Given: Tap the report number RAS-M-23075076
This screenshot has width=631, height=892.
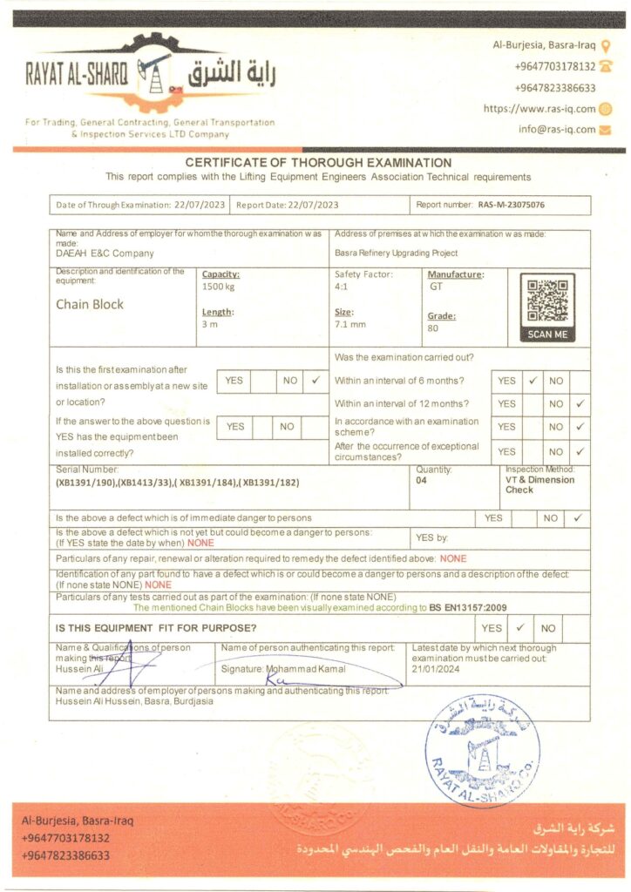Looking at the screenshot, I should point(512,206).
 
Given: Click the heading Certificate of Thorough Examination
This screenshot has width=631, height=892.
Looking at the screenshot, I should point(317,163).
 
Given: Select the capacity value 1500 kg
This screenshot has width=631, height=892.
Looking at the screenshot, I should point(218,287).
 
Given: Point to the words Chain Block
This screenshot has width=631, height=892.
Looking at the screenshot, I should point(90,304).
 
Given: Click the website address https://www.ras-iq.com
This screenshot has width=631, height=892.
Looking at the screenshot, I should point(539,109).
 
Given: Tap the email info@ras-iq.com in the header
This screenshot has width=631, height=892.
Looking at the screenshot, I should point(557,130).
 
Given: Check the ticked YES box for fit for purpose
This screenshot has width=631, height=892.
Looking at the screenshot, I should point(519,628).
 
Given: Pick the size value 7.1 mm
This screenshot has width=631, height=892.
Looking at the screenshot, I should point(350,324).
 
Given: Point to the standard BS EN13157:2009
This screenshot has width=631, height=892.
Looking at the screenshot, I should point(465,607).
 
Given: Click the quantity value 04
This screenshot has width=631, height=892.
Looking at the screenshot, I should point(422,480).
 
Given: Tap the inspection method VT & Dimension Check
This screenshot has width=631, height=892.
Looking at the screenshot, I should point(539,484).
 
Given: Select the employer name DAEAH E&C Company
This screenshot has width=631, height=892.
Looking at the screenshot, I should point(105,253).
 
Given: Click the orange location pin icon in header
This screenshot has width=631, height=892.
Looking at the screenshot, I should point(606,45).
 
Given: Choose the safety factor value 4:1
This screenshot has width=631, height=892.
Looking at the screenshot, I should point(343,286).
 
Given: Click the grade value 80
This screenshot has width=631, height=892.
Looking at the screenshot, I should point(433,328).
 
